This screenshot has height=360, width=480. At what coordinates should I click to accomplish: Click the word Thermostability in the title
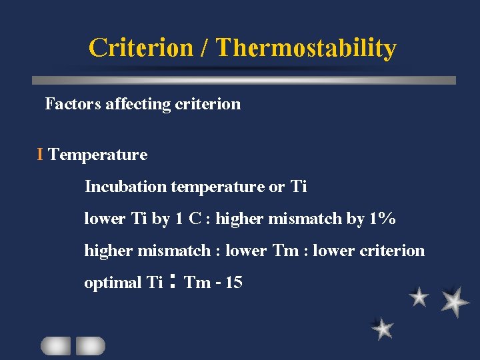tap(306, 48)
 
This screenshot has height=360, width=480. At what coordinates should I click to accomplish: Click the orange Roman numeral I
tap(41, 155)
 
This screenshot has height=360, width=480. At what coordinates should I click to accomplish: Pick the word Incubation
tap(125, 187)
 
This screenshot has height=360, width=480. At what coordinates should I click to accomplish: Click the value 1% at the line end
tap(382, 219)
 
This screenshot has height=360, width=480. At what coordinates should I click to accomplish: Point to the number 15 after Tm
tap(234, 283)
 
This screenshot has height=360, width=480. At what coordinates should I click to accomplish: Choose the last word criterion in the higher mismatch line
tap(391, 251)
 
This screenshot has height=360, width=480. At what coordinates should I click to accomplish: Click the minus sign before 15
tap(218, 283)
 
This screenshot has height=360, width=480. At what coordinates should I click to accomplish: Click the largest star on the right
tap(455, 301)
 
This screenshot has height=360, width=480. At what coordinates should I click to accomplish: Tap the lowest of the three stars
tap(382, 328)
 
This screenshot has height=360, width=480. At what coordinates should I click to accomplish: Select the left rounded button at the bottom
tap(55, 345)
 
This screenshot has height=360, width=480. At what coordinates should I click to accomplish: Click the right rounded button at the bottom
tap(90, 345)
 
